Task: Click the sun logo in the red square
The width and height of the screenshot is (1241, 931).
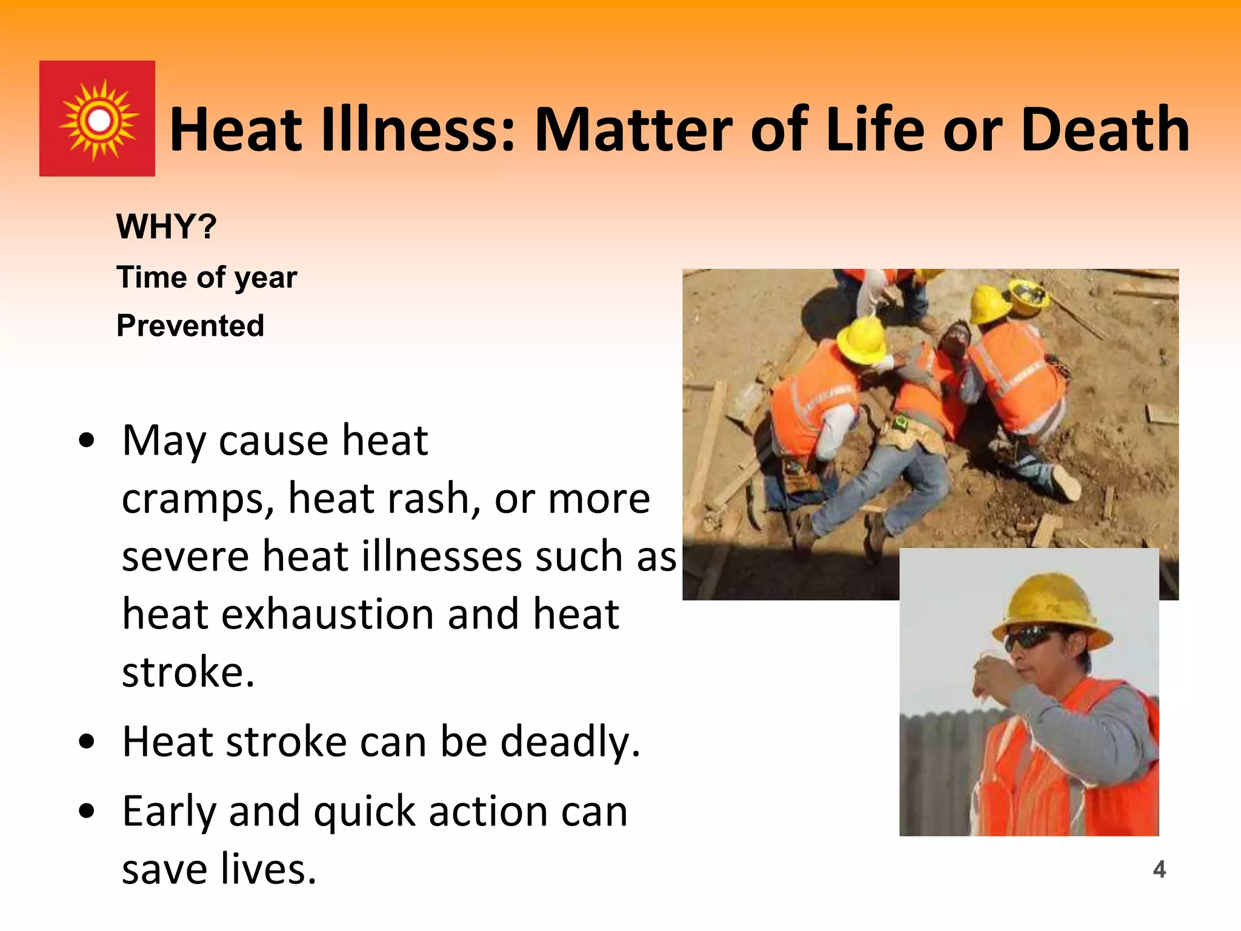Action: pyautogui.click(x=98, y=119)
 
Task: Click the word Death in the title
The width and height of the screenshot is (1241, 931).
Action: pyautogui.click(x=1105, y=130)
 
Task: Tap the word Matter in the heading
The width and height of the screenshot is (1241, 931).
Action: pyautogui.click(x=633, y=130)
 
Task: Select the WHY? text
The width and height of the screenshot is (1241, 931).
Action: pyautogui.click(x=166, y=227)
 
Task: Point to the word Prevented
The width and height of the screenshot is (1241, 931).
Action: pyautogui.click(x=190, y=325)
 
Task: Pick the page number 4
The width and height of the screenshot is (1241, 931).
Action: pyautogui.click(x=1159, y=869)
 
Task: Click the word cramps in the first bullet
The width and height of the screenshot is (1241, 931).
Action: pyautogui.click(x=193, y=499)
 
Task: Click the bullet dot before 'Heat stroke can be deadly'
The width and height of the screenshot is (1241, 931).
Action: pyautogui.click(x=87, y=741)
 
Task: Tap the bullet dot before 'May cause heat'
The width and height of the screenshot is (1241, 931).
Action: pyautogui.click(x=87, y=441)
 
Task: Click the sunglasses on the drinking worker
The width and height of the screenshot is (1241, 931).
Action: pyautogui.click(x=1030, y=639)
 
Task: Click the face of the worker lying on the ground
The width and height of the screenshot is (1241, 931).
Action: pyautogui.click(x=954, y=339)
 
